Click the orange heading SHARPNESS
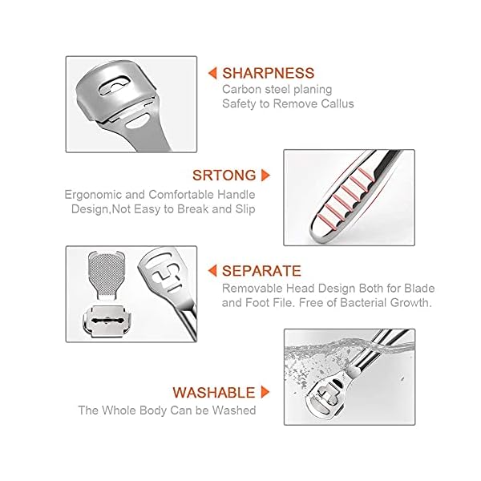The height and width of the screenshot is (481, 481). (269, 73)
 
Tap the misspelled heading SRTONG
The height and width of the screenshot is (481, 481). (224, 175)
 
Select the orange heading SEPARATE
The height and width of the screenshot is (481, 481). (261, 271)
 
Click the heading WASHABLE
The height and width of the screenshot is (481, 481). (212, 393)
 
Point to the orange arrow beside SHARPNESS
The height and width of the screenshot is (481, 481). (212, 73)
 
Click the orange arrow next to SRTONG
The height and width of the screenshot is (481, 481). (265, 175)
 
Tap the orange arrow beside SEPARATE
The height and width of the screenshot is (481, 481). (212, 271)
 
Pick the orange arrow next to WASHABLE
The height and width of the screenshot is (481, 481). (265, 393)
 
